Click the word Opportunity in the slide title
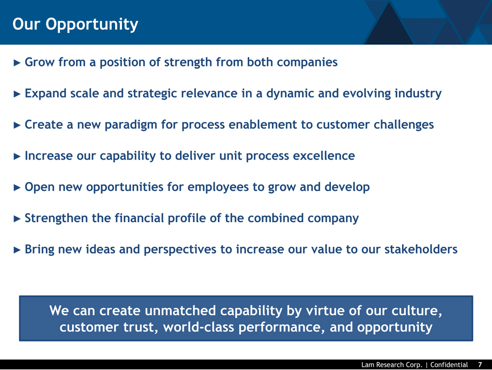point(92,25)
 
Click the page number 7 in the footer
point(480,364)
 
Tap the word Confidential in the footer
point(449,364)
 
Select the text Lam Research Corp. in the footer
point(392,364)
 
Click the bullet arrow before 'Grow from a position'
point(17,63)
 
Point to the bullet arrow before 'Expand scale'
point(17,94)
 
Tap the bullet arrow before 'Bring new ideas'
point(17,250)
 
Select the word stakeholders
point(421,249)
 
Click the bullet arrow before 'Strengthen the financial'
point(17,219)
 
